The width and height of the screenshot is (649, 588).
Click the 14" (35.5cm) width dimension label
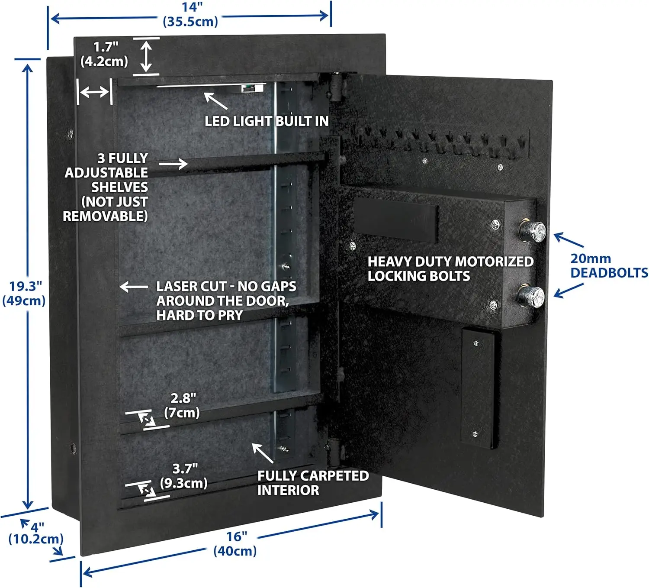190,14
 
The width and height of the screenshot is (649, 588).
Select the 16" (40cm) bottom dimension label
235,543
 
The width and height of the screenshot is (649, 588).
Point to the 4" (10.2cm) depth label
35,533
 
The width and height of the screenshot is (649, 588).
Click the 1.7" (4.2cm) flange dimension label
105,54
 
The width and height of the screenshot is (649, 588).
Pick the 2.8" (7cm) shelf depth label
182,405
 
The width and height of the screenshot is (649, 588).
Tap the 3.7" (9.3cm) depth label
184,475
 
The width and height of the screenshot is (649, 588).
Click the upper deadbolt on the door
532,231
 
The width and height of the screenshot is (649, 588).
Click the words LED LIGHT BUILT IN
267,121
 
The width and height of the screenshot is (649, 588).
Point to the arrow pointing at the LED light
215,101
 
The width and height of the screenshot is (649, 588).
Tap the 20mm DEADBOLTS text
608,265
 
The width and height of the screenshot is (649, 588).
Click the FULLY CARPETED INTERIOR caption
312,483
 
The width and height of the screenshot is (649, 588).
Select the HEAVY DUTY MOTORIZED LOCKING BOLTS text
450,268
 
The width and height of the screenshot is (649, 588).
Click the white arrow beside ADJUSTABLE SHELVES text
173,164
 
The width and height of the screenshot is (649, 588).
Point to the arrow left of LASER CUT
134,287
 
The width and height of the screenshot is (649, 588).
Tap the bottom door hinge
334,452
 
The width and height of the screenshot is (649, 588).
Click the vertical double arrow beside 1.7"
147,56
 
